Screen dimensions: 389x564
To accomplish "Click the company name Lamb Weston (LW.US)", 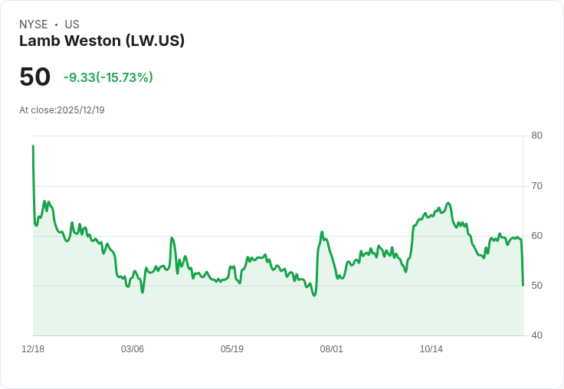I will pos(102,41).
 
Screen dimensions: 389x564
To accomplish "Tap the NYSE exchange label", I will pos(34,25).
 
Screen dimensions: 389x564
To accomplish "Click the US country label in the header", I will pos(72,25).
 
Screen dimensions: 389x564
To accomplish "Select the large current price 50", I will pos(35,77).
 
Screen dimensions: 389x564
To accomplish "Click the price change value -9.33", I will pos(79,77).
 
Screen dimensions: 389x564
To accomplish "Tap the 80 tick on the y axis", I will pos(536,136).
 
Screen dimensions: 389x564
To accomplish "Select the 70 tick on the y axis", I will pos(536,185).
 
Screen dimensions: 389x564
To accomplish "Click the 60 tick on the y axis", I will pos(536,235).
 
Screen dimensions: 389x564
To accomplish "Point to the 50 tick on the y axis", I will pos(536,285).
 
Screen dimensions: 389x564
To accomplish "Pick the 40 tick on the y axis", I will pos(536,335).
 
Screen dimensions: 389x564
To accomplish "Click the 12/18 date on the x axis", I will pos(33,349).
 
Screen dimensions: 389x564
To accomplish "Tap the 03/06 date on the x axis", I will pos(133,349).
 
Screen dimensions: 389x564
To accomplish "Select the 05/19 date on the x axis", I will pos(232,349).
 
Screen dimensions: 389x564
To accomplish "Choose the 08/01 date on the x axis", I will pos(332,349).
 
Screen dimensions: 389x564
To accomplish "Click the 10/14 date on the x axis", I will pos(431,349).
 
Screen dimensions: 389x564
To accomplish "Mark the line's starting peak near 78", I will pos(33,145).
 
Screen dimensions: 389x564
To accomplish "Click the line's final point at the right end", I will pos(523,285).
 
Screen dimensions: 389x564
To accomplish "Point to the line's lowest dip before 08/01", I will pos(314,295).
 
